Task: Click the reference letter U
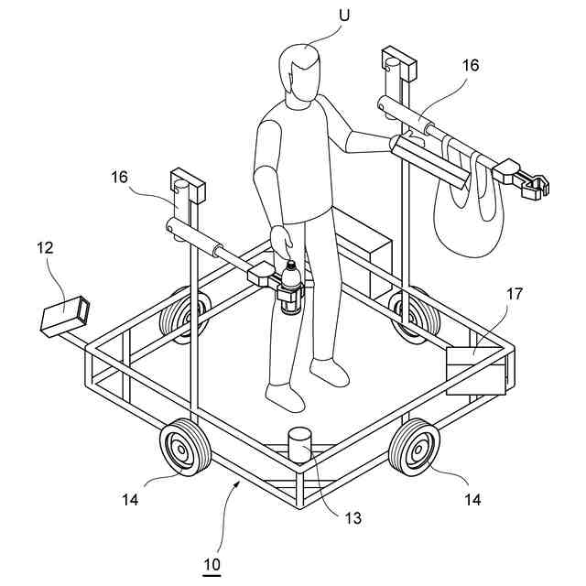coord(345,16)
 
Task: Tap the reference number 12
coord(47,247)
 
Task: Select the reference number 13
coord(353,518)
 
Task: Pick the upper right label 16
coord(470,66)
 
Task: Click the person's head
coord(300,73)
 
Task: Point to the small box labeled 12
coord(66,317)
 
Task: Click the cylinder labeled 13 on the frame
coord(300,447)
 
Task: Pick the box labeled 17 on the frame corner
coord(475,370)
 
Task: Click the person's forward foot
coord(285,396)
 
